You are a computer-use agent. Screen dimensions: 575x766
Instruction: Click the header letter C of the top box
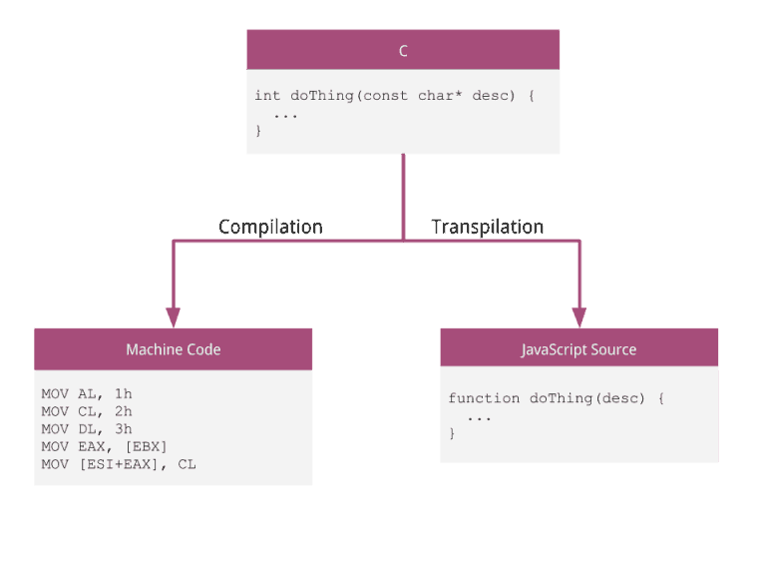click(x=403, y=51)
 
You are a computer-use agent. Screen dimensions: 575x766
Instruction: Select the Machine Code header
click(x=174, y=349)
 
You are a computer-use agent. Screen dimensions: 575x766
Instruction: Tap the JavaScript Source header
click(x=578, y=349)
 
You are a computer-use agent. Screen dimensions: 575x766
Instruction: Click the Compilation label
click(x=270, y=227)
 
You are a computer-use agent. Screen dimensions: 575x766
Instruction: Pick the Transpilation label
click(x=487, y=227)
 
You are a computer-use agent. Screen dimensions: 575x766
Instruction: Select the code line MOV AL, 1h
click(x=87, y=394)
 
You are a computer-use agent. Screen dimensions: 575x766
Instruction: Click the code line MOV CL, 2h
click(x=87, y=411)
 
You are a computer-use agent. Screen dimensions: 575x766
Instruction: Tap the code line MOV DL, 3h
click(x=87, y=429)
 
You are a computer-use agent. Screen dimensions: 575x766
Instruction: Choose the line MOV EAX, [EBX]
click(x=105, y=446)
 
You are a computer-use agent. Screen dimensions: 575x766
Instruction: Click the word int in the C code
click(x=267, y=96)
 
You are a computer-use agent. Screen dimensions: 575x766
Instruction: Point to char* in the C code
click(x=440, y=96)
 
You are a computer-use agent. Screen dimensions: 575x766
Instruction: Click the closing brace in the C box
click(x=259, y=131)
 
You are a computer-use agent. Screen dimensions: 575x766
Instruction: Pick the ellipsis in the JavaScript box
click(x=479, y=416)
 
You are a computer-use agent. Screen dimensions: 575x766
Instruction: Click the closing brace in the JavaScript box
click(x=452, y=433)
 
